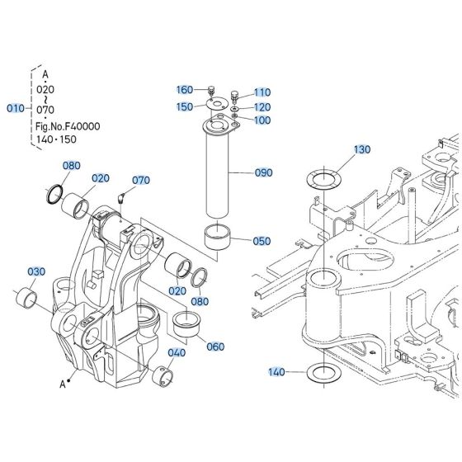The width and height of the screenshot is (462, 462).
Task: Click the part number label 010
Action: pos(16,108)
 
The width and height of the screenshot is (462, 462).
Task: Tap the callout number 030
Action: pos(36,271)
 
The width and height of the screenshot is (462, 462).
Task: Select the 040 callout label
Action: pos(177,352)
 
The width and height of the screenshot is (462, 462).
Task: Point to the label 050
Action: pos(262,241)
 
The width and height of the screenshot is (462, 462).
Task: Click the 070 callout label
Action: pos(142,179)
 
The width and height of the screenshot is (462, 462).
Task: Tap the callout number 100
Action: pos(262,120)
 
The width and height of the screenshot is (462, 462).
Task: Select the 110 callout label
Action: pos(262,92)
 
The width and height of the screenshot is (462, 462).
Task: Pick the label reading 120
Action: pos(262,107)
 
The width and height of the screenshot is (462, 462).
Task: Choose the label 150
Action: pos(185,106)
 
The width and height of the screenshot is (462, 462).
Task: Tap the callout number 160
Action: pos(185,89)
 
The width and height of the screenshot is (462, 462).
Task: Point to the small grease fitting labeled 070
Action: pos(121,196)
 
